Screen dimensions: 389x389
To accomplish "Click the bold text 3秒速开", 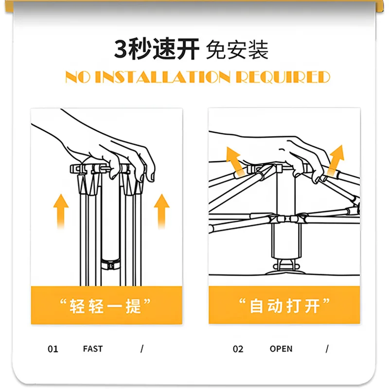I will [x=157, y=50].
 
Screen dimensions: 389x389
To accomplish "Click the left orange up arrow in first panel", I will [x=60, y=209].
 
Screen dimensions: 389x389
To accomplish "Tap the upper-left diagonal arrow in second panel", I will [x=235, y=160].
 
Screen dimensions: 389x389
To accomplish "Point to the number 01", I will [x=53, y=349].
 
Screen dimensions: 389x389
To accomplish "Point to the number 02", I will [x=238, y=349].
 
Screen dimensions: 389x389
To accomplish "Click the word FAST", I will [x=93, y=349].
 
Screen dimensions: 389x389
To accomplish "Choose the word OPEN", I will [x=281, y=349].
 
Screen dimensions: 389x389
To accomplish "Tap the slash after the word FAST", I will [x=142, y=349].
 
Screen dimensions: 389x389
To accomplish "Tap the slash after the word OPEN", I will [x=327, y=349].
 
